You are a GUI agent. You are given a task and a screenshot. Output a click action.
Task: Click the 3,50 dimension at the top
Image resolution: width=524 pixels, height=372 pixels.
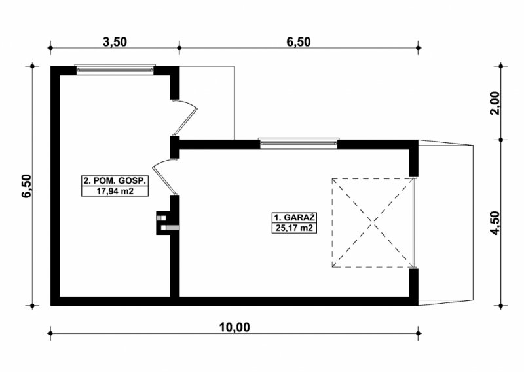click(115, 42)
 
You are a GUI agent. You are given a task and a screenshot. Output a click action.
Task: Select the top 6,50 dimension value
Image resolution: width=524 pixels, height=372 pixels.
click(299, 42)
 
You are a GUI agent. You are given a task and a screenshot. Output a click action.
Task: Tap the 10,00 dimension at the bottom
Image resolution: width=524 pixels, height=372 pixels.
click(234, 327)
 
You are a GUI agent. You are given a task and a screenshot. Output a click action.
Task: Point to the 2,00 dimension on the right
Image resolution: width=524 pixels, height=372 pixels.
click(496, 103)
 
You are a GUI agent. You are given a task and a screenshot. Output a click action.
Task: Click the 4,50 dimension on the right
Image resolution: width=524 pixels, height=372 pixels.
click(496, 223)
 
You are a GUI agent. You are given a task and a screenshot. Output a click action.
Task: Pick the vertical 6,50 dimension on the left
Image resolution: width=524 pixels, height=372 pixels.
click(26, 186)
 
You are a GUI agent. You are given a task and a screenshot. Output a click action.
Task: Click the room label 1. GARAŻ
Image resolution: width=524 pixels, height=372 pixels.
click(294, 218)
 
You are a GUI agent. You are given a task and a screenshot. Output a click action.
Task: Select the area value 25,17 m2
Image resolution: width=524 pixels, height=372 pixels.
click(294, 228)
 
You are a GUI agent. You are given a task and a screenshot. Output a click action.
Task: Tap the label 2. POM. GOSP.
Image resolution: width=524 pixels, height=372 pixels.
click(115, 181)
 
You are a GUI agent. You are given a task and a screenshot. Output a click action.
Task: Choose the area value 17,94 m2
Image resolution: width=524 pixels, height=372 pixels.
click(115, 192)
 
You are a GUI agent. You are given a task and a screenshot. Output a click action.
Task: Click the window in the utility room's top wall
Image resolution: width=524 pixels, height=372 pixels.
click(115, 70)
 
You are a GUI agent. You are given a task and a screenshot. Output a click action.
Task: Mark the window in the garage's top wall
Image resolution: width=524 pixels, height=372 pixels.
click(299, 143)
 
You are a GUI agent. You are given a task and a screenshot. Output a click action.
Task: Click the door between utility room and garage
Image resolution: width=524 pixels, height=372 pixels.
click(164, 176)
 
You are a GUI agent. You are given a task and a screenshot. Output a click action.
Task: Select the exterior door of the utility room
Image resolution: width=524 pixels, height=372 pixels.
click(185, 117)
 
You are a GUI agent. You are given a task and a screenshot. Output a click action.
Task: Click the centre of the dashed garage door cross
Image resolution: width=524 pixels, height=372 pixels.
click(373, 222)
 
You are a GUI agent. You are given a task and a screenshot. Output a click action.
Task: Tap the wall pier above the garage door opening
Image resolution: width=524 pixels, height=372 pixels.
click(414, 158)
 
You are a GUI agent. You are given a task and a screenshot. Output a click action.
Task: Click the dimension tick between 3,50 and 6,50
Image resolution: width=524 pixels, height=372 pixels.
click(179, 48)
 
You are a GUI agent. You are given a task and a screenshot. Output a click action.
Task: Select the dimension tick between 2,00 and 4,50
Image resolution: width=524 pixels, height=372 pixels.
click(500, 140)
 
